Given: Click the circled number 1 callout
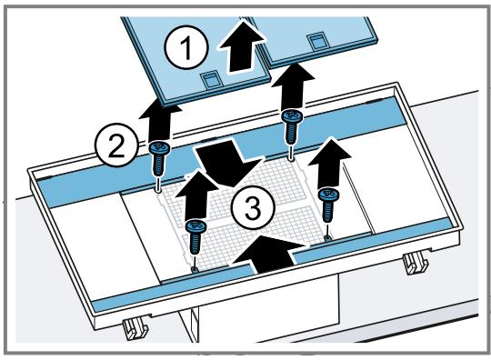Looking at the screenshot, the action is [186, 49].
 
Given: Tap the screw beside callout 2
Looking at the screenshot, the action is [159, 160].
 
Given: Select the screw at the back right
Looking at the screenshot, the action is [291, 126].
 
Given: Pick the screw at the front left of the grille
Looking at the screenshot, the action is [195, 235].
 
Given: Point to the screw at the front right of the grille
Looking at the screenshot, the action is [328, 205].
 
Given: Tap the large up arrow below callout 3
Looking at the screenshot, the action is [266, 254].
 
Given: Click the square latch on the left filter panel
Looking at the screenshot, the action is [209, 78].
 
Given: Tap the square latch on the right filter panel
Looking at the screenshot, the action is [317, 41].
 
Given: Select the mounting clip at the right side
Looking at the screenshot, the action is [416, 263].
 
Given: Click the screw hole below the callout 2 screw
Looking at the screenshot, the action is [158, 188].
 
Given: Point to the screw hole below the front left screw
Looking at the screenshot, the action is [195, 269].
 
